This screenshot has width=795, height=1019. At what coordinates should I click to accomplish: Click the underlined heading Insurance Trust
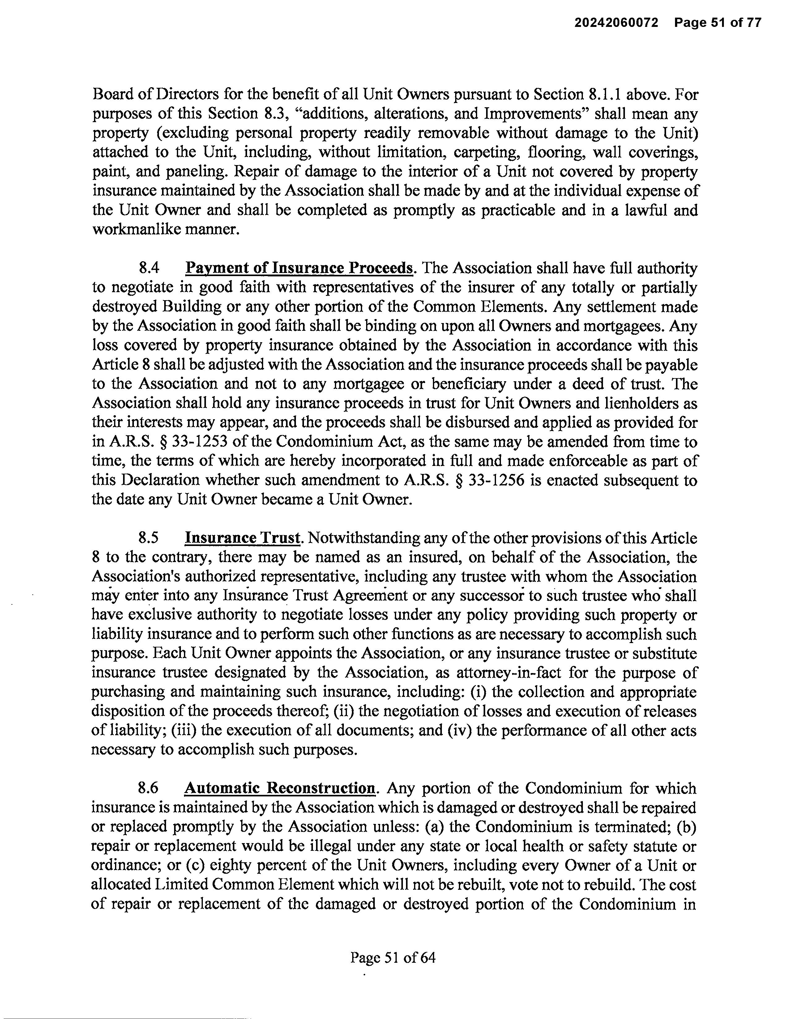[x=242, y=539]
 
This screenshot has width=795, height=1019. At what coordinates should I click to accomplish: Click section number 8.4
[x=149, y=269]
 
